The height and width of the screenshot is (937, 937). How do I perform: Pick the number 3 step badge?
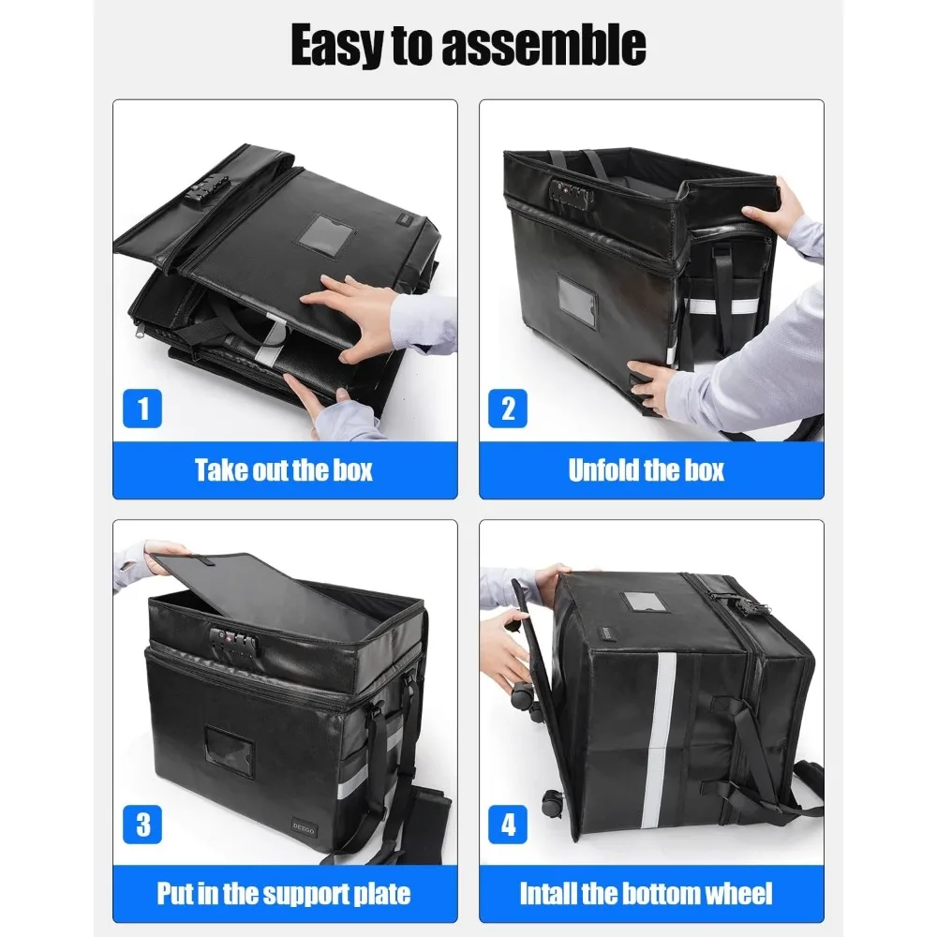143,825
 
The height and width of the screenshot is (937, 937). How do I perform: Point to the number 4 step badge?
508,825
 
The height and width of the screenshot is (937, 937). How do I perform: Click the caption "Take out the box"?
284,469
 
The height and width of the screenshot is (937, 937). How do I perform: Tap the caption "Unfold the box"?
647,469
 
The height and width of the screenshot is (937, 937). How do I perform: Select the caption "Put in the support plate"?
284,892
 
